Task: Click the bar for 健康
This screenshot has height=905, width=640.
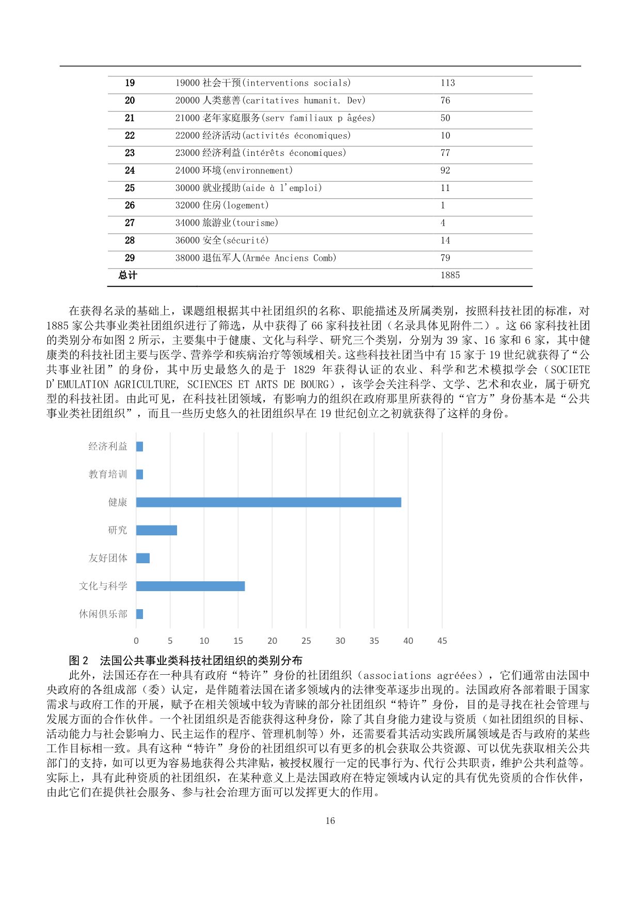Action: click(x=268, y=502)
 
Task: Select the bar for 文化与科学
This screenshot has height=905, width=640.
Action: click(x=190, y=586)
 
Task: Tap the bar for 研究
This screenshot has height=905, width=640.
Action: click(x=156, y=530)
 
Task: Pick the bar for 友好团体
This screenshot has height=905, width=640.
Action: click(x=143, y=558)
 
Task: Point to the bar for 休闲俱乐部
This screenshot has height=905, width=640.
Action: click(x=139, y=614)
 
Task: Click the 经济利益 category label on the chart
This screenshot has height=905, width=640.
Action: click(x=107, y=447)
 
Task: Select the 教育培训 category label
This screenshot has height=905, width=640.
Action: click(x=107, y=474)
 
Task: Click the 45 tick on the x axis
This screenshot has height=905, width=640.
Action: click(x=442, y=641)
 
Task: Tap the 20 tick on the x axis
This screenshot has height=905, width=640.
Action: click(x=272, y=641)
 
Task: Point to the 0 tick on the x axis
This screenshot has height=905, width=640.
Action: click(x=136, y=641)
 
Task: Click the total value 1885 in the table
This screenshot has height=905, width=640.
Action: click(x=450, y=275)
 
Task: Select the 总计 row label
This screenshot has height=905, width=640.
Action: click(x=128, y=275)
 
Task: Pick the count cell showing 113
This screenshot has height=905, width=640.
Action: click(x=447, y=83)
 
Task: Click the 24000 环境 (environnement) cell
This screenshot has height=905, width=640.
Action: click(x=234, y=170)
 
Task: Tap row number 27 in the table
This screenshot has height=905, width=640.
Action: click(x=130, y=223)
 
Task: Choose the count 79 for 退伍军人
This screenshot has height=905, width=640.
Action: click(x=445, y=258)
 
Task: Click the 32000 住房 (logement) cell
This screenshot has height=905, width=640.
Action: click(x=222, y=205)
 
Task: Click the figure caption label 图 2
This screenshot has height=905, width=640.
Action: click(x=78, y=660)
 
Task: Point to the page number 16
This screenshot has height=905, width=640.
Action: click(x=330, y=820)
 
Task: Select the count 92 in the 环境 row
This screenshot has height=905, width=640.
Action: click(x=445, y=170)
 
